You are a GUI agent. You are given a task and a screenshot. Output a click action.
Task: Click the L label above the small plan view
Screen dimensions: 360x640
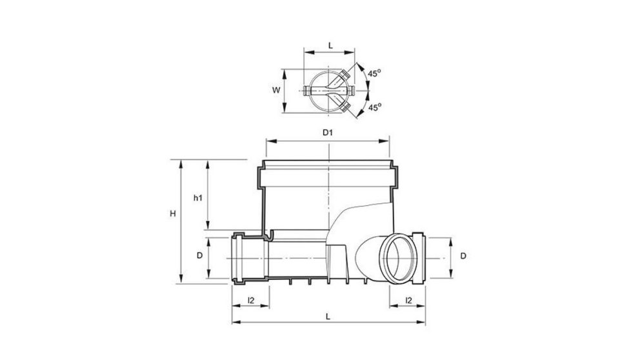click(x=330, y=45)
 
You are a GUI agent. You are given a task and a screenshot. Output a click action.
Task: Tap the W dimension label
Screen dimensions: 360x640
click(x=275, y=90)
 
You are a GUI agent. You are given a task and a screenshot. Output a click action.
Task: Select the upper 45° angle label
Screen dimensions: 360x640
click(x=374, y=74)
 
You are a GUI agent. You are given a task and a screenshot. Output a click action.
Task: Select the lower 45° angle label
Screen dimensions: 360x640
click(x=374, y=107)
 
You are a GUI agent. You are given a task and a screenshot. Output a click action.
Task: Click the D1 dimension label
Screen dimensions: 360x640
click(x=327, y=133)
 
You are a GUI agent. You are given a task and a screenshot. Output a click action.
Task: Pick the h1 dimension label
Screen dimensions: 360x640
click(x=198, y=198)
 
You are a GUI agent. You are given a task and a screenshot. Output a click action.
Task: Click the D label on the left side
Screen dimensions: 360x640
click(x=200, y=256)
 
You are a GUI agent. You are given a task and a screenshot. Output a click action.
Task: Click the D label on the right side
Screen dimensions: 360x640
click(x=463, y=256)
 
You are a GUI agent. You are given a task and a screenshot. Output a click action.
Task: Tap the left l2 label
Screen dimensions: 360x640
click(x=251, y=300)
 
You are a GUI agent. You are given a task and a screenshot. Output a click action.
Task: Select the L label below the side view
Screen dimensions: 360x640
click(x=328, y=316)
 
